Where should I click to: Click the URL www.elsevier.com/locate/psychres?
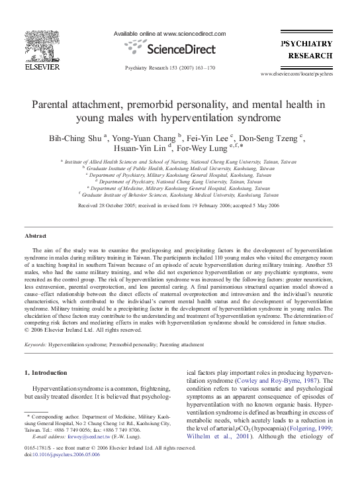coord(306,74)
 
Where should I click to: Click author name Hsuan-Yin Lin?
coord(142,148)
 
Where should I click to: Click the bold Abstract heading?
coord(35,236)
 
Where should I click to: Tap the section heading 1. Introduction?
coord(51,374)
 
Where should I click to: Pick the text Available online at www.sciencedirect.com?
coord(170,34)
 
